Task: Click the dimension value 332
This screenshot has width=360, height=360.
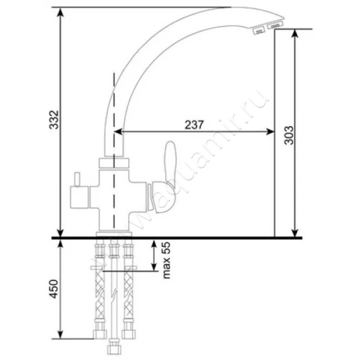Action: pyautogui.click(x=54, y=120)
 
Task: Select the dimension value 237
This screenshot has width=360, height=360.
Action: pyautogui.click(x=194, y=125)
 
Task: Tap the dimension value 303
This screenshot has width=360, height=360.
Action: pyautogui.click(x=289, y=135)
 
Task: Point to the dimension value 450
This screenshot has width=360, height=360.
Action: pyautogui.click(x=54, y=289)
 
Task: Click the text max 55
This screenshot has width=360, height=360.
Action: pyautogui.click(x=166, y=260)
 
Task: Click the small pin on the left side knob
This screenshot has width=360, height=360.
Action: pyautogui.click(x=77, y=180)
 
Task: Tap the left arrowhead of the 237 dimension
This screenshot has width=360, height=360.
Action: pyautogui.click(x=118, y=131)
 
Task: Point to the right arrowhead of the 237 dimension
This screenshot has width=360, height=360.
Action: pyautogui.click(x=270, y=131)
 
